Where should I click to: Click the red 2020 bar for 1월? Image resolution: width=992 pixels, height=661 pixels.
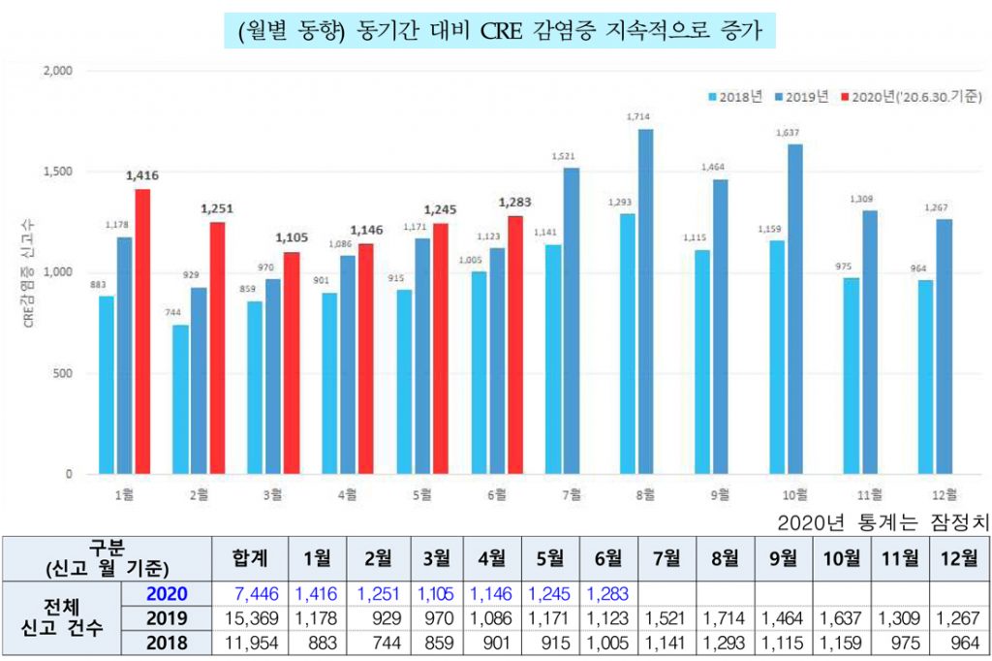(142, 331)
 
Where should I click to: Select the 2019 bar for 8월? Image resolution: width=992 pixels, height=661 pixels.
(645, 301)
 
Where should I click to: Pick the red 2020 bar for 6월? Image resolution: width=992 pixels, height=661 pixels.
(514, 345)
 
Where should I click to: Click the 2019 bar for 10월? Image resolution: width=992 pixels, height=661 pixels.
(795, 309)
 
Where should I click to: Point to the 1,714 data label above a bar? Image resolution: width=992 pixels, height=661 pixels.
(637, 117)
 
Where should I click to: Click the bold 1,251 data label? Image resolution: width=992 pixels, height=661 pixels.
(218, 208)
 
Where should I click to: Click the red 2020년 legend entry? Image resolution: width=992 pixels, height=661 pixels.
(912, 97)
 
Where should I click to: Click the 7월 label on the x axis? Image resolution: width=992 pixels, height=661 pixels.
(573, 495)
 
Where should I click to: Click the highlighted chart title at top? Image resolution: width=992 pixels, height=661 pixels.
(496, 30)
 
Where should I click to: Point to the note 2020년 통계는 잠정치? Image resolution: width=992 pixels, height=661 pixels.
(883, 521)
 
